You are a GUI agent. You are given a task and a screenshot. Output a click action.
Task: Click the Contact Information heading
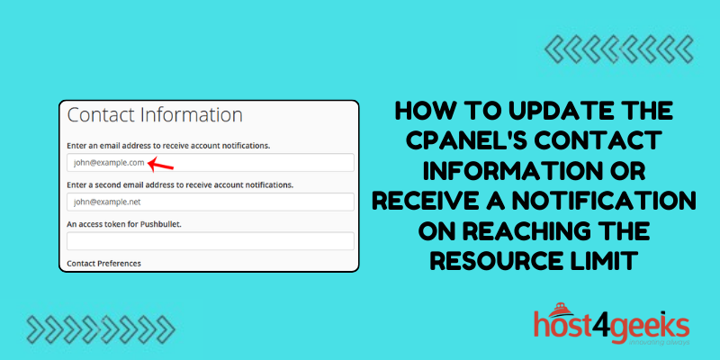click(x=155, y=115)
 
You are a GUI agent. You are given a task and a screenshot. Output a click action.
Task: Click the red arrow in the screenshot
click(x=160, y=164)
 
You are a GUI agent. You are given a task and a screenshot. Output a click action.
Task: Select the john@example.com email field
click(x=209, y=163)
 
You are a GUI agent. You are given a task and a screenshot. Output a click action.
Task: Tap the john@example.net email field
click(x=209, y=202)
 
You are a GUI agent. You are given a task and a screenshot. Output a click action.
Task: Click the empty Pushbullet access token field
click(x=209, y=241)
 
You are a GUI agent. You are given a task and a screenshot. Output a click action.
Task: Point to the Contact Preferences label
click(x=104, y=263)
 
